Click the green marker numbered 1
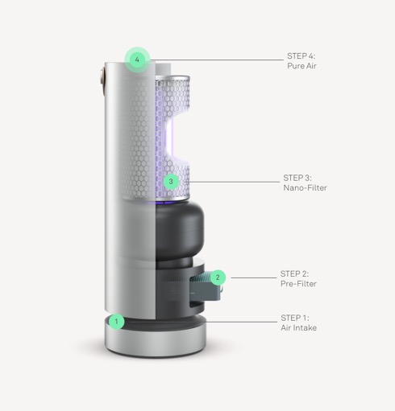pos(117,322)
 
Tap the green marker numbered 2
pos(217,277)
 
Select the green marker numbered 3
pos(170,182)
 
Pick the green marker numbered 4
pos(138,60)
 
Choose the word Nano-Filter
pos(305,187)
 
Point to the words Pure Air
pos(301,67)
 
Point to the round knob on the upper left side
pos(103,77)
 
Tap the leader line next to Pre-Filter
pos(250,277)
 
